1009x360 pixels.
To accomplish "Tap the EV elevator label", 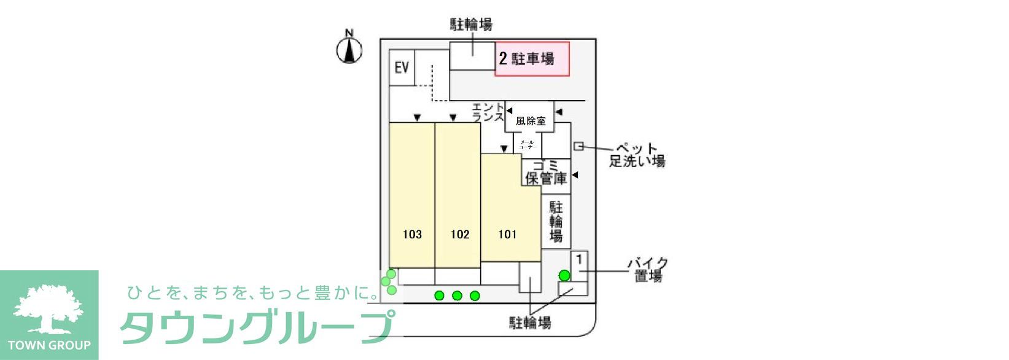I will coord(402,67).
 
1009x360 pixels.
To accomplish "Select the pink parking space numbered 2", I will coord(532,59).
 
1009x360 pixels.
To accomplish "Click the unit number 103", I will coord(412,234).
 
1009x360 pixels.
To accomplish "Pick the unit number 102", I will coord(459,234).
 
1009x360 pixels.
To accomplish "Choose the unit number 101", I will coord(507,234).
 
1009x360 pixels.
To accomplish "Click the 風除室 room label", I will coord(531,121).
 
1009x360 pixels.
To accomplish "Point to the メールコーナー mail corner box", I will coord(528,145).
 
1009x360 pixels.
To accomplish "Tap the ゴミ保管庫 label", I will coord(545,173).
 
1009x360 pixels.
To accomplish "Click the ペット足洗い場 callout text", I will coord(637,155).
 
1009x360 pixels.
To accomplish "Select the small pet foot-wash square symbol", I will coord(578,146).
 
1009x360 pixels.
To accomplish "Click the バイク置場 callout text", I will coord(648,270).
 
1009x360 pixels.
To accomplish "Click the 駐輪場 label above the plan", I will coord(471,25).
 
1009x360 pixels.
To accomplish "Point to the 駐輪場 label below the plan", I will coord(530,323).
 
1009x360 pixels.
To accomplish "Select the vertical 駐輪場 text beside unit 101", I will coord(556,221).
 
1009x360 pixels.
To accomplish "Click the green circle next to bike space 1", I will coord(564,275).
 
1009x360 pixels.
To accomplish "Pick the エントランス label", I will coord(488,112).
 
